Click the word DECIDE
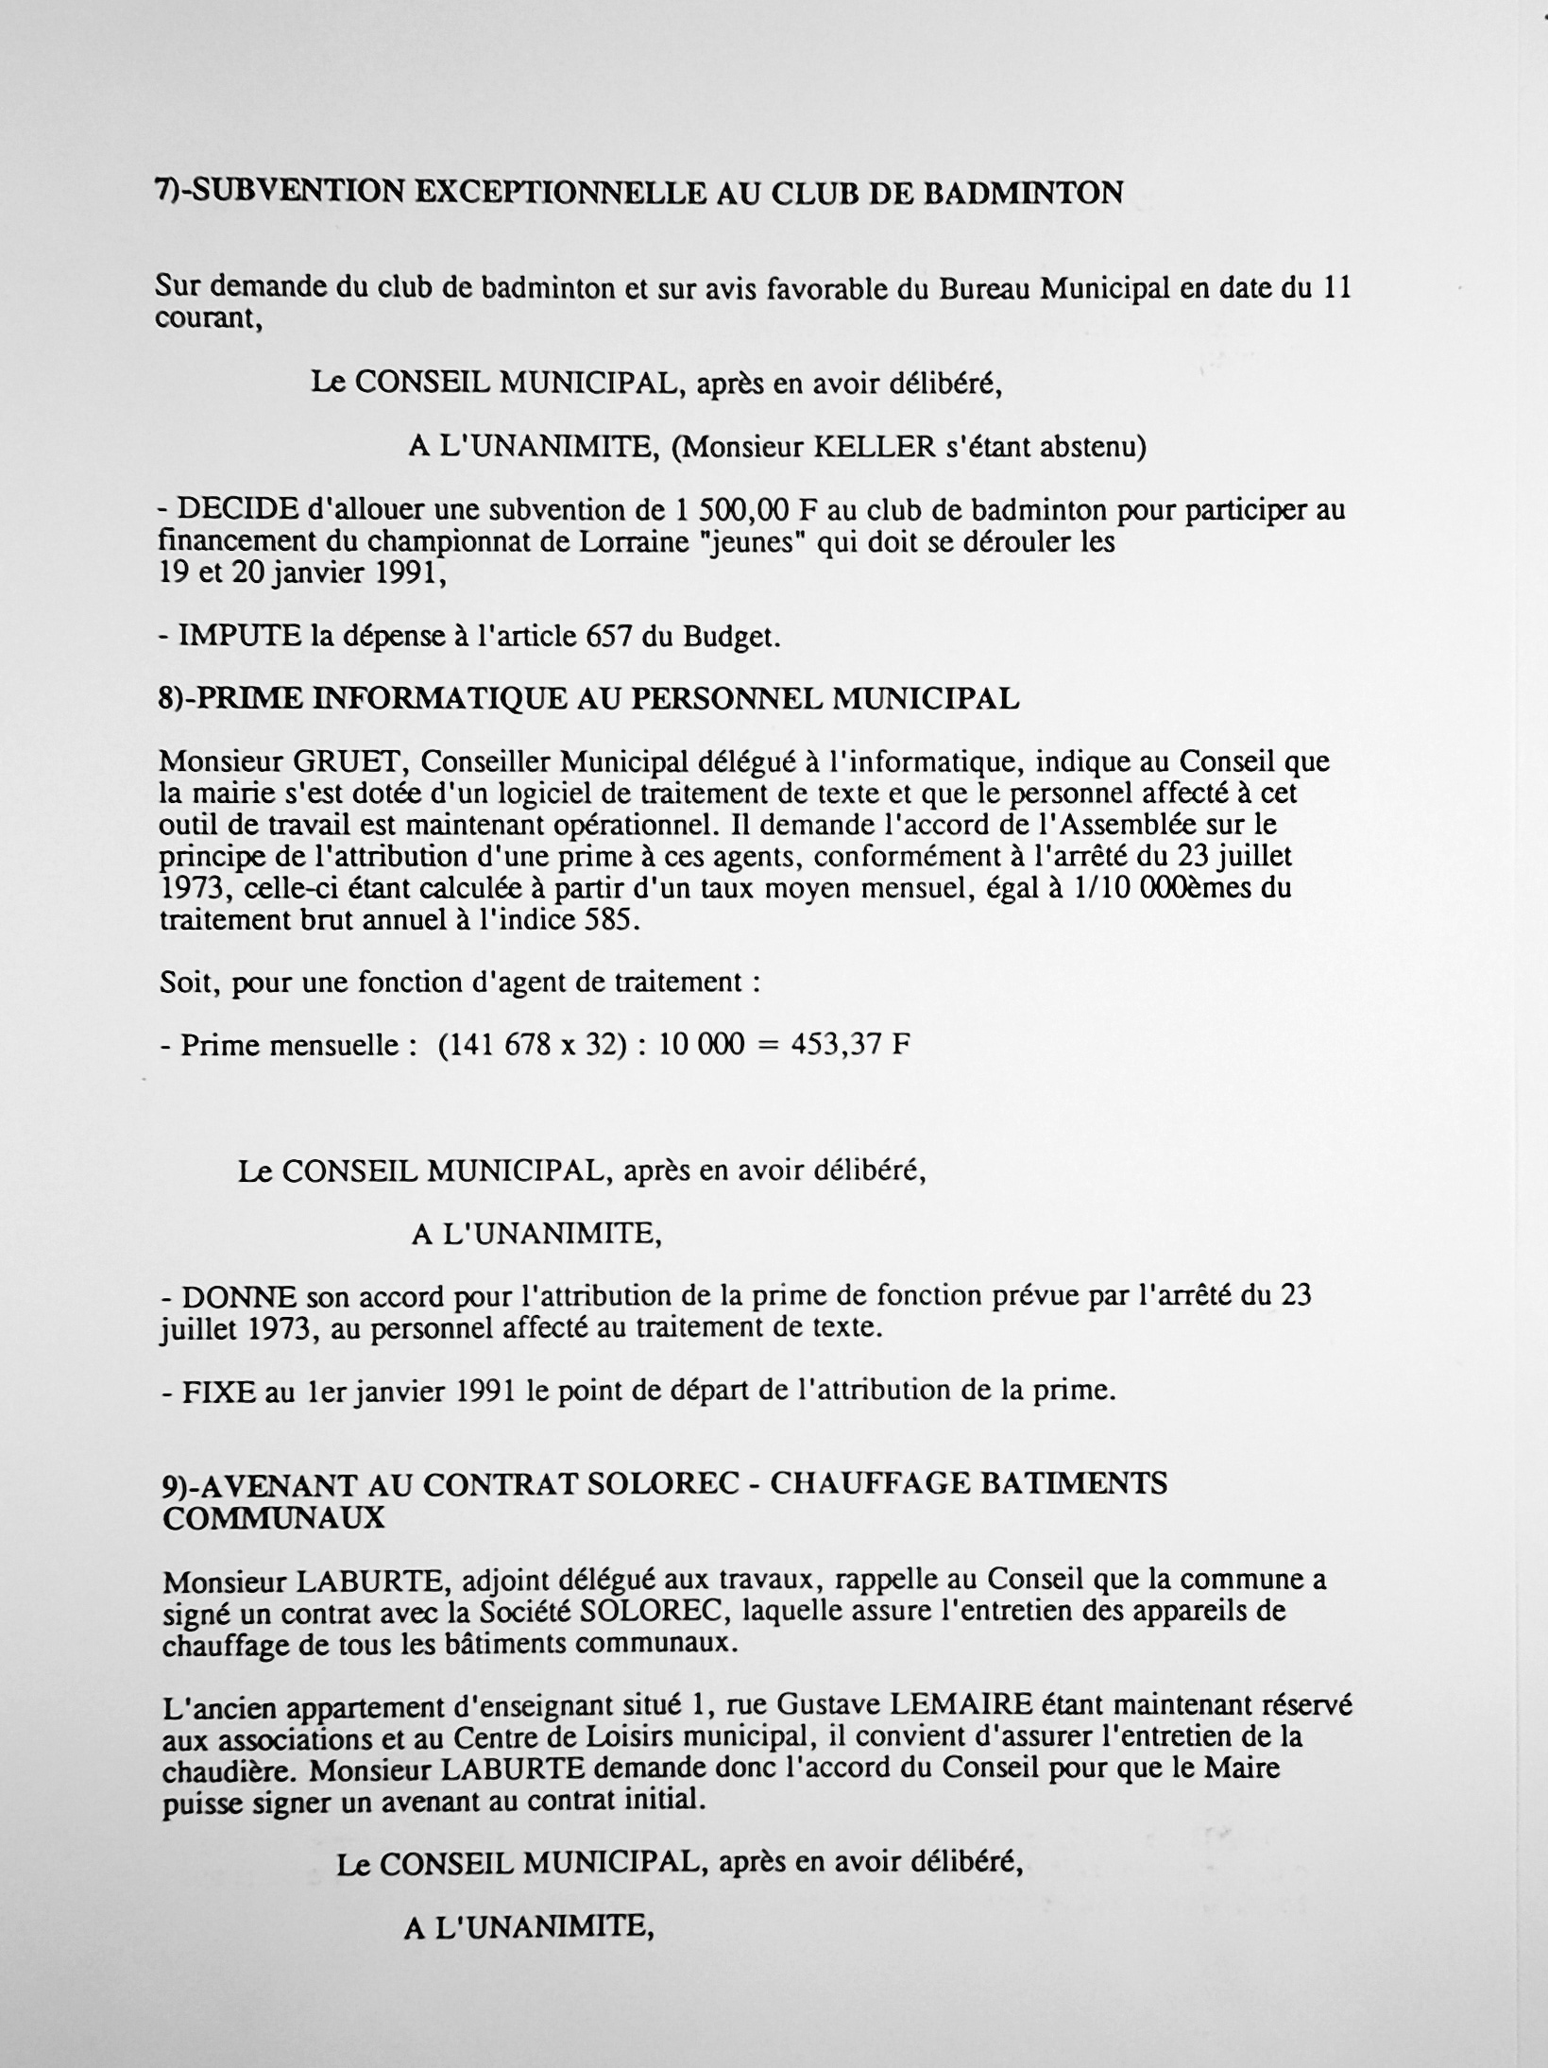[238, 511]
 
